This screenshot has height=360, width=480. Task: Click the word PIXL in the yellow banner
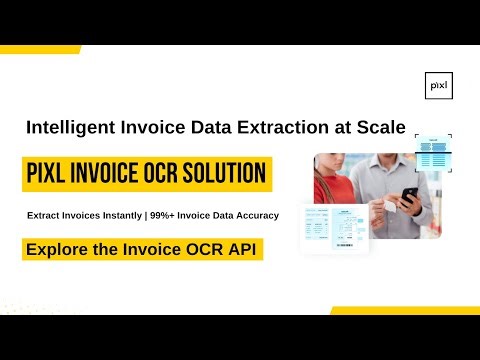click(x=53, y=175)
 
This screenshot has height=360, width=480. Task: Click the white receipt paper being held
click(x=385, y=208)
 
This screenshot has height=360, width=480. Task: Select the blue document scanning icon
click(x=434, y=151)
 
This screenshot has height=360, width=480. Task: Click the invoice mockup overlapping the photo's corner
click(x=334, y=229)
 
